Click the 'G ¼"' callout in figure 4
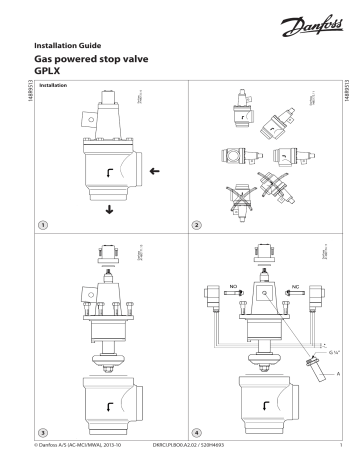[309, 380]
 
